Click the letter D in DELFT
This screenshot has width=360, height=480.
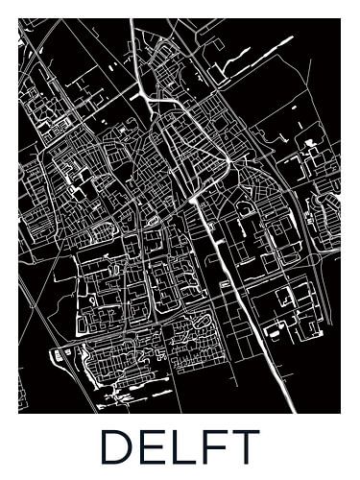(117, 447)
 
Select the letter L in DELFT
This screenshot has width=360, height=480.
(184, 447)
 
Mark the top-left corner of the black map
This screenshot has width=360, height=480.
(19, 19)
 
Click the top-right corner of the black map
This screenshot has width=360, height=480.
(340, 19)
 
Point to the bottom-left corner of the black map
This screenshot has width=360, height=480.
(19, 413)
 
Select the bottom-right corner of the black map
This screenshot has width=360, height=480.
(340, 413)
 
